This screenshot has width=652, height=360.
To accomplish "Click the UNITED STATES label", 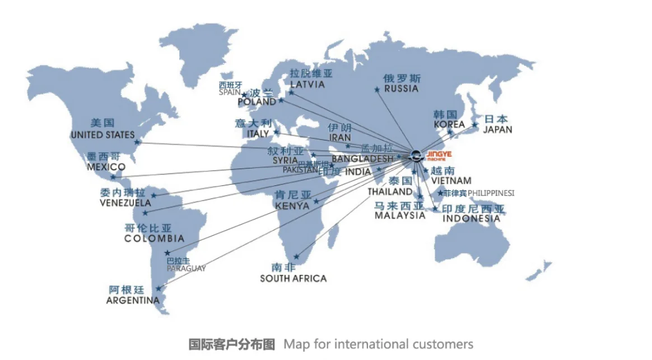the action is coord(103,135).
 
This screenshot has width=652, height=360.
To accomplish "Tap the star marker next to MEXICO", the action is coord(114,177).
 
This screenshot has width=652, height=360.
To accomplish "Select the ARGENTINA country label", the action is coord(133,301).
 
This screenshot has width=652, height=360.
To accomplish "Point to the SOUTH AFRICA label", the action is coord(293,278).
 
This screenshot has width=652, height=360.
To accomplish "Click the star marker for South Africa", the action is coord(296,257).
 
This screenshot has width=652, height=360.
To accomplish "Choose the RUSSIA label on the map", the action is coord(402,88).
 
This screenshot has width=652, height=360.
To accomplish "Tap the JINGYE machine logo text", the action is coord(439,155).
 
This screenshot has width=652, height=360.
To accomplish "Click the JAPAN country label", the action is coord(497,129).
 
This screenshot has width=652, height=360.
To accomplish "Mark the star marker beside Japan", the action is coord(474,125).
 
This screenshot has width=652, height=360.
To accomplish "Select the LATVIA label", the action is coord(307,85).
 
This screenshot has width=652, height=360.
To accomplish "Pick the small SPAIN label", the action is coord(230,92).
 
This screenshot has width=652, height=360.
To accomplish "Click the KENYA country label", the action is coord(292,206).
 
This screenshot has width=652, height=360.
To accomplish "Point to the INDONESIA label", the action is coord(471,219).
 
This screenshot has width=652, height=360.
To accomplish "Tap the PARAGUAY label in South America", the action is coord(186,269).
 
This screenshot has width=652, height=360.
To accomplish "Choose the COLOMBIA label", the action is coord(154,239).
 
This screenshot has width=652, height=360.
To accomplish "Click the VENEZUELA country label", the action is coord(125,203).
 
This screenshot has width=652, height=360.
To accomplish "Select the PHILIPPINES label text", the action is coord(491,193).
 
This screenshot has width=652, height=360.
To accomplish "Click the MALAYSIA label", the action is coord(400,216).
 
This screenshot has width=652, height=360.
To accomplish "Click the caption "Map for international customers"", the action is coord(378,344).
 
